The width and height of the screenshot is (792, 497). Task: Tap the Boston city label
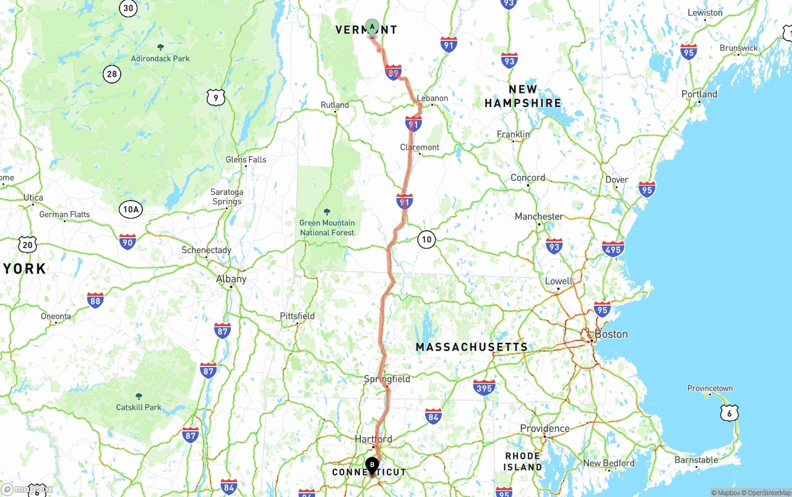[611, 334]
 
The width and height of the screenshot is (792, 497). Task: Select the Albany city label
[231, 279]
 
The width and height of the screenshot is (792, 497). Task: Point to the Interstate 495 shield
[613, 249]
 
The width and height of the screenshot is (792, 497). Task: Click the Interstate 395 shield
[484, 388]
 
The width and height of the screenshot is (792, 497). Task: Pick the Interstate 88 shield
[95, 301]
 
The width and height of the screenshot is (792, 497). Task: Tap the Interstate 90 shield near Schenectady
[127, 242]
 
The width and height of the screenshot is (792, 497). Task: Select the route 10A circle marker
[131, 209]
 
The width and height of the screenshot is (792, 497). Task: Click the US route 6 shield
[730, 413]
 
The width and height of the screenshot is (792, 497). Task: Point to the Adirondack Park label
[160, 59]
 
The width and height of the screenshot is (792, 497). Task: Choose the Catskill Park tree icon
[139, 395]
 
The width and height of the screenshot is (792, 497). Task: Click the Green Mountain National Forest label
[327, 228]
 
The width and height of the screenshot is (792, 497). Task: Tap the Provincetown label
[710, 389]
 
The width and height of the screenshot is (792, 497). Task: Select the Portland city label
[699, 94]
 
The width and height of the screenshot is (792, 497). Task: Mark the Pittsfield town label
[297, 316]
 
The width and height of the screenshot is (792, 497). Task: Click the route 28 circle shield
[111, 75]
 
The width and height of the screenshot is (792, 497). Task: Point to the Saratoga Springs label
[226, 197]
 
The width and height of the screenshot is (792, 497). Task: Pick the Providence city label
[544, 429]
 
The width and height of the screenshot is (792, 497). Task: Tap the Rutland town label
[335, 105]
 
